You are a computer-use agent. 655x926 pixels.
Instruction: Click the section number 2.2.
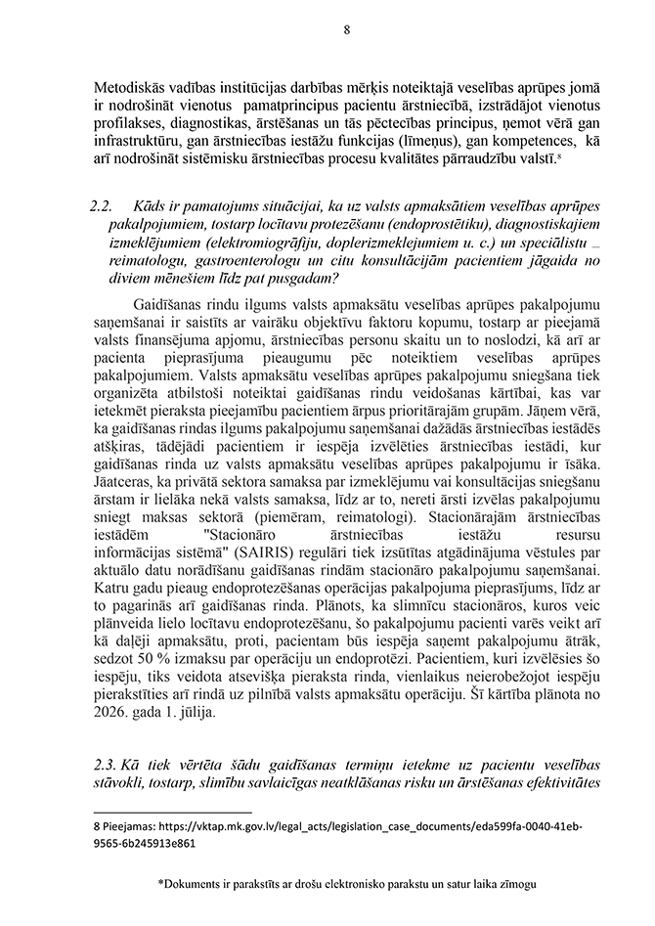(x=101, y=207)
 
